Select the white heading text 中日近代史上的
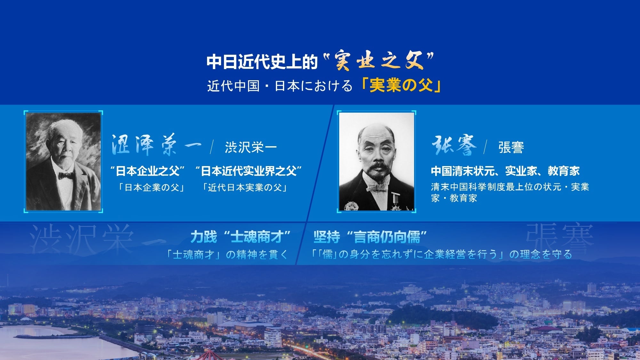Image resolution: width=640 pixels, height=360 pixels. tap(262, 61)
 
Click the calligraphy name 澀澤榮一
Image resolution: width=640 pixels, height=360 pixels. tap(156, 145)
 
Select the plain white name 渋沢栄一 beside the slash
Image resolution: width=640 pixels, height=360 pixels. tap(251, 148)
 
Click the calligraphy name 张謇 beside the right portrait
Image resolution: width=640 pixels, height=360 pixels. tap(454, 145)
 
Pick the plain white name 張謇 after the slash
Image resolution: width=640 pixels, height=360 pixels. tap(511, 148)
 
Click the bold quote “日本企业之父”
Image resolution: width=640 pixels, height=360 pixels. tap(148, 171)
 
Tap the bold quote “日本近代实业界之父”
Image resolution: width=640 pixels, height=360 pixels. tap(249, 171)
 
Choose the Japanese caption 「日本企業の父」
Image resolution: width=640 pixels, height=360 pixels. tap(152, 187)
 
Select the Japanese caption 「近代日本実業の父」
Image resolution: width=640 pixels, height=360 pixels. tap(245, 187)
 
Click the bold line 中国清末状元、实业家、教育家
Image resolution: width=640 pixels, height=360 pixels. tap(505, 171)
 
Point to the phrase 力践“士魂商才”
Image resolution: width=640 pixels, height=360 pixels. tap(240, 237)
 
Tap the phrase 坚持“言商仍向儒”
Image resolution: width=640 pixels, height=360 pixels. tap(370, 237)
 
